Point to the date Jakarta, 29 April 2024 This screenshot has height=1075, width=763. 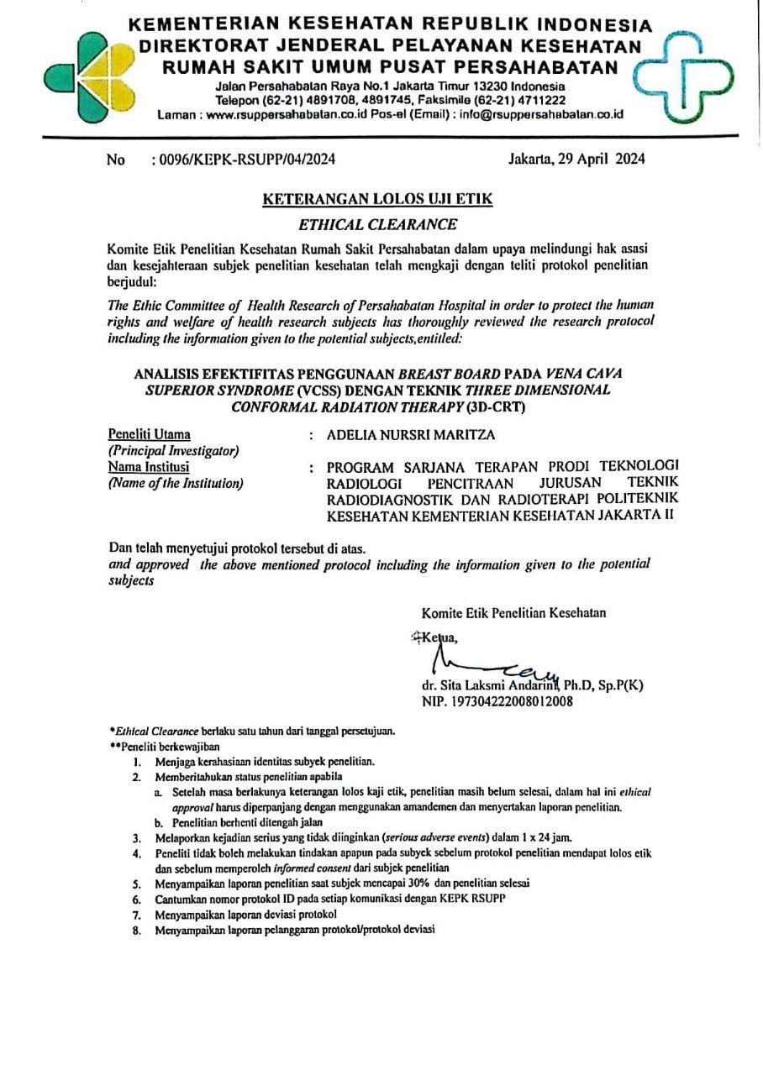tap(576, 158)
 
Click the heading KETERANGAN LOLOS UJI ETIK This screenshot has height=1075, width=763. tap(378, 200)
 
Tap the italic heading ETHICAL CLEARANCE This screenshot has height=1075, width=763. tap(378, 224)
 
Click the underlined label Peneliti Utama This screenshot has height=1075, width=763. tap(150, 434)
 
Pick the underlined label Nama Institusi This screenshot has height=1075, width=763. tap(149, 467)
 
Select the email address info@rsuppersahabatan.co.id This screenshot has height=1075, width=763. tap(542, 114)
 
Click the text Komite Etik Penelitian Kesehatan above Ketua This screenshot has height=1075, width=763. tap(513, 613)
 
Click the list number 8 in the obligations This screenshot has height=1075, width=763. tap(136, 930)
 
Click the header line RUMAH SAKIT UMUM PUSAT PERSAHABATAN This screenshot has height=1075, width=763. tap(391, 66)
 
